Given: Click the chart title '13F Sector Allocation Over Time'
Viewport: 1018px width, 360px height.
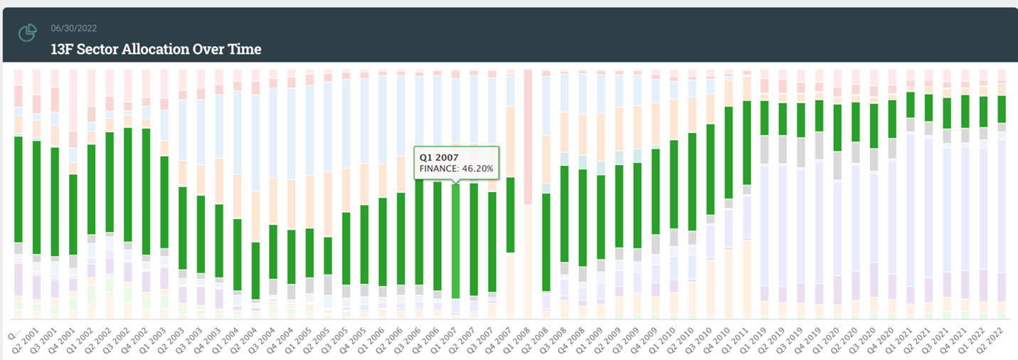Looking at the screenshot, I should [x=156, y=49].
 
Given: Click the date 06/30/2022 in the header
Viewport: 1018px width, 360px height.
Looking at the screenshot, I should [x=74, y=28].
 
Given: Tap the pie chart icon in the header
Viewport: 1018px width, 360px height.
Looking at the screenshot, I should [x=28, y=33].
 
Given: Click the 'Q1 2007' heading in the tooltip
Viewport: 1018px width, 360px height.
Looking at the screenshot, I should [x=439, y=157].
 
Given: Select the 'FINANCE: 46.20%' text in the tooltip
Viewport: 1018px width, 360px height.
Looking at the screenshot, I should [x=456, y=169].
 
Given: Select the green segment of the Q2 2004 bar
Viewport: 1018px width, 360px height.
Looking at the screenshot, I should [x=255, y=270].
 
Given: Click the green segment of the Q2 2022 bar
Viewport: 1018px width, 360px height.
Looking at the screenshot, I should [x=1002, y=110].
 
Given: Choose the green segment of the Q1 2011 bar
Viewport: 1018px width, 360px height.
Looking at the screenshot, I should [x=747, y=142].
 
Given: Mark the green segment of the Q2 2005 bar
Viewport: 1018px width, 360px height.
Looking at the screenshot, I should [x=328, y=255].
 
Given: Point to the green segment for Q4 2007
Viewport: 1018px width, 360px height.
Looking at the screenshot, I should [x=510, y=214].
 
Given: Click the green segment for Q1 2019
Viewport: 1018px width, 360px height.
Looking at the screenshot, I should [x=765, y=117].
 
